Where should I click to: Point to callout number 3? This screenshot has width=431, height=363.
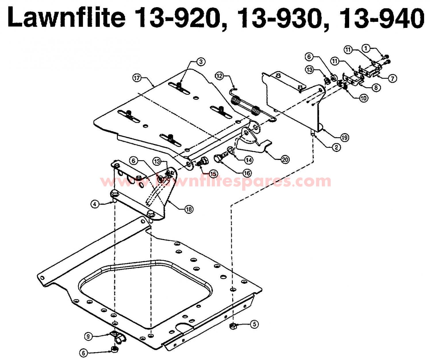(x=201, y=62)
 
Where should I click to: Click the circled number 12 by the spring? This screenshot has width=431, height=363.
(x=219, y=76)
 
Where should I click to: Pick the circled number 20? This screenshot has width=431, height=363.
(x=285, y=159)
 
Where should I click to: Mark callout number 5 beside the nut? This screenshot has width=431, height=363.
(x=254, y=324)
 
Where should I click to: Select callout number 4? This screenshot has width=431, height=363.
(x=95, y=204)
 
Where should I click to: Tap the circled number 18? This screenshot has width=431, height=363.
(x=189, y=209)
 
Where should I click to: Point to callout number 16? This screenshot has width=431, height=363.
(x=247, y=173)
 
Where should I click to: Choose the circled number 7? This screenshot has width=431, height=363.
(x=392, y=78)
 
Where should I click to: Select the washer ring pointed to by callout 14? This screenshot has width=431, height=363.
(x=230, y=149)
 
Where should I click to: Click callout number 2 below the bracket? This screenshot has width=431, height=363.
(x=336, y=147)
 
